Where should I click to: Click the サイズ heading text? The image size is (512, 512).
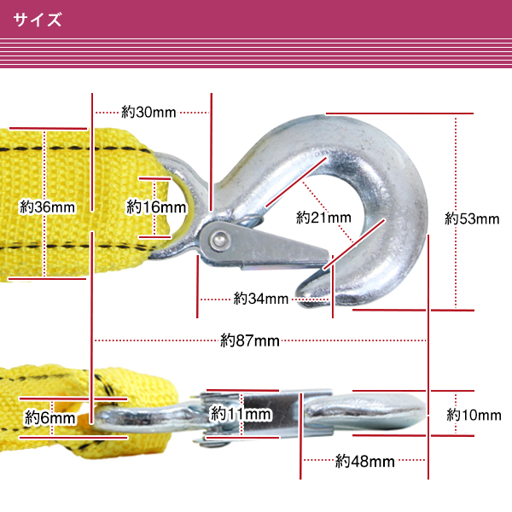[x=38, y=20]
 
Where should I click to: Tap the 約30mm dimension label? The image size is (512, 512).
[x=148, y=112]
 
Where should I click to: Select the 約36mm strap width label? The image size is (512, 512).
[x=47, y=207]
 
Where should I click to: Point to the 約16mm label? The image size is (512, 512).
[x=156, y=207]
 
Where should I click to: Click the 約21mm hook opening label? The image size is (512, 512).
[x=323, y=218]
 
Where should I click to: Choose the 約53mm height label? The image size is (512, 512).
[x=472, y=218]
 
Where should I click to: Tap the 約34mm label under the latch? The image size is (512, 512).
[x=261, y=299]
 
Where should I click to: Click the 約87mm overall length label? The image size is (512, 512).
[x=250, y=340]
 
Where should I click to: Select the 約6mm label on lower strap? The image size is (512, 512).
[x=50, y=417]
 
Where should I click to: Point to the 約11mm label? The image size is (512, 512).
[x=241, y=414]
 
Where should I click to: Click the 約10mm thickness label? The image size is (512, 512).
[x=474, y=415]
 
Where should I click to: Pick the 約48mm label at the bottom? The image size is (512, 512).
[x=365, y=462]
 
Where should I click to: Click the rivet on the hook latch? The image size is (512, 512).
[x=219, y=241]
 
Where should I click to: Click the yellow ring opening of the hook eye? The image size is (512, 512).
[x=181, y=209]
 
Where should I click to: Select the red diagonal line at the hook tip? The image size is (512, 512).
[x=354, y=245]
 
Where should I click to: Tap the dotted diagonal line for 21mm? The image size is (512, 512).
[x=328, y=212]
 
